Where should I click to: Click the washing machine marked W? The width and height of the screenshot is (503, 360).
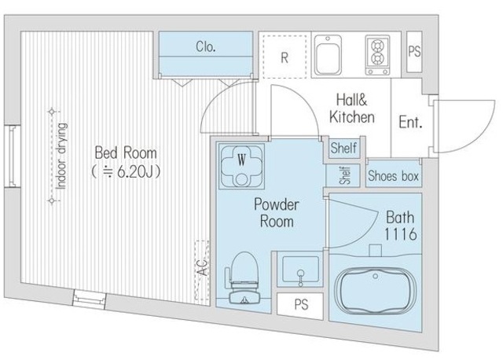[x=241, y=167]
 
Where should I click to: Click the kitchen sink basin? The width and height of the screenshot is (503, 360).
[x=328, y=55]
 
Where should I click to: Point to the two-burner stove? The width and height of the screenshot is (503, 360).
[x=377, y=55]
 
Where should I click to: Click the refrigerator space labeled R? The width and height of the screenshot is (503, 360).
[x=285, y=57]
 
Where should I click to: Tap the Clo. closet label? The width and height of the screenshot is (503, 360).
[x=206, y=47]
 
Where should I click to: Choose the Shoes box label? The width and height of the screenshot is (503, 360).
[x=393, y=176]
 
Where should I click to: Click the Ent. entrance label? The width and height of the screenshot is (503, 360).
[x=410, y=122]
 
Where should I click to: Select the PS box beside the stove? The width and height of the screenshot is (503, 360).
[x=414, y=51]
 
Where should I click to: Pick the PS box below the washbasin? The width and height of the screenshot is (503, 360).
[x=301, y=306]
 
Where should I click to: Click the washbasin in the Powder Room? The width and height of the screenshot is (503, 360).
[x=300, y=270]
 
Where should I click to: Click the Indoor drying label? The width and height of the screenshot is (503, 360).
[x=61, y=156]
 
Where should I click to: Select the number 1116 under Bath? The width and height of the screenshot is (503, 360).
[x=400, y=234]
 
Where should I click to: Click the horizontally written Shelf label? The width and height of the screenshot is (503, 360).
[x=343, y=149]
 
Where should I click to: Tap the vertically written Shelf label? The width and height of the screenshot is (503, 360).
[x=344, y=175]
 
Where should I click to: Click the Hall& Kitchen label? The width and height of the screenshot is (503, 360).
[x=352, y=108]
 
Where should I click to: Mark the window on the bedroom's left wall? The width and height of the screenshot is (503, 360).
[x=13, y=156]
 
